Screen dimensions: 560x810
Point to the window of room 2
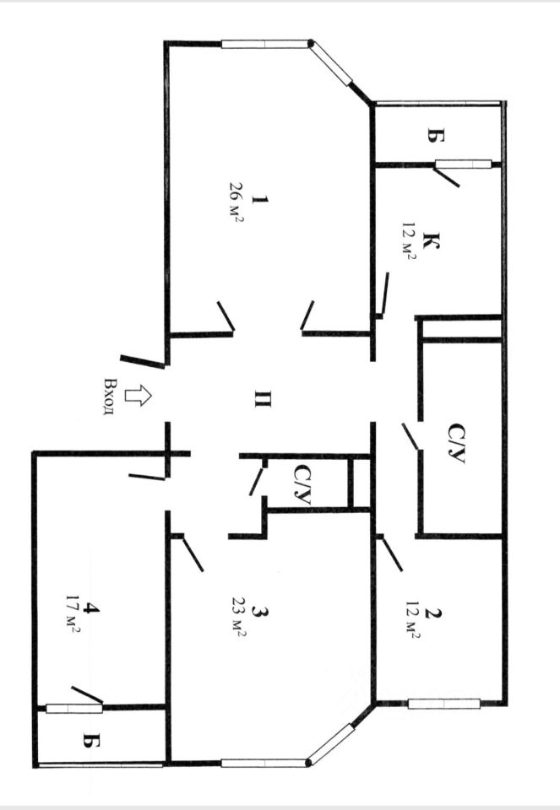[x=443, y=703]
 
